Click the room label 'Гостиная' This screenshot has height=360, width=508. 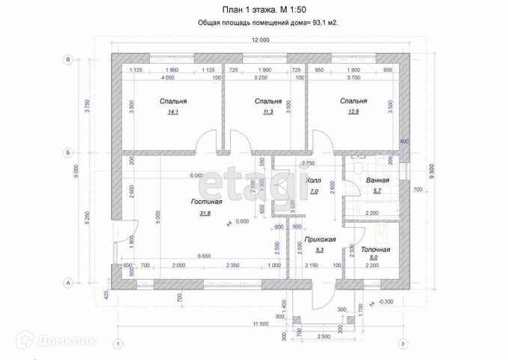pyautogui.click(x=205, y=202)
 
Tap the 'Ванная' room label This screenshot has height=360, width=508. pyautogui.click(x=377, y=181)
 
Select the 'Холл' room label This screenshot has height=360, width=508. pyautogui.click(x=314, y=181)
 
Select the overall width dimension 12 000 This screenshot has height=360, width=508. pyautogui.click(x=260, y=40)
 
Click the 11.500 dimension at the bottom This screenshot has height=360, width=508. pyautogui.click(x=259, y=323)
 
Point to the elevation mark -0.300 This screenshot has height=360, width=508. pyautogui.click(x=387, y=301)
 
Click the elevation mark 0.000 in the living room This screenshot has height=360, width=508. pyautogui.click(x=242, y=221)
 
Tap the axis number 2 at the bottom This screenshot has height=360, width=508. pyautogui.click(x=403, y=343)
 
